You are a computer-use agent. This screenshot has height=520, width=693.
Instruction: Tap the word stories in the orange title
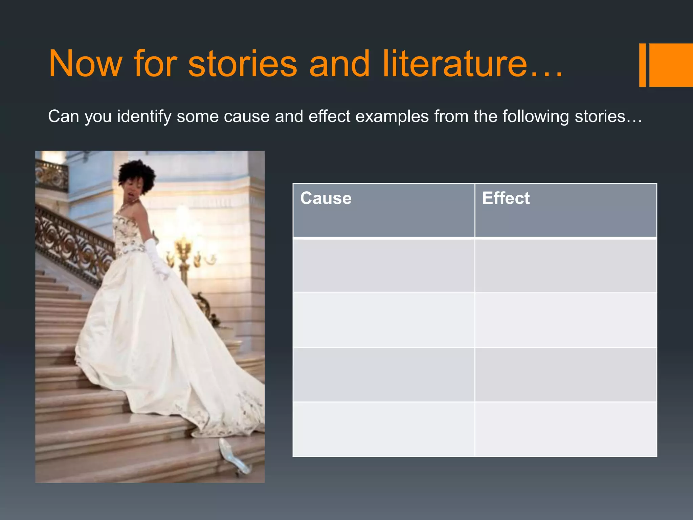[242, 64]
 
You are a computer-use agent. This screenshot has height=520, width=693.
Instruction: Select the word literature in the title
[455, 64]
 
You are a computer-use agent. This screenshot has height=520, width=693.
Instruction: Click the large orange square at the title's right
[671, 65]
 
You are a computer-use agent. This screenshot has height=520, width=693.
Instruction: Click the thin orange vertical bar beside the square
[642, 65]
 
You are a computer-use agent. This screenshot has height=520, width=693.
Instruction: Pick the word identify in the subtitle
[144, 117]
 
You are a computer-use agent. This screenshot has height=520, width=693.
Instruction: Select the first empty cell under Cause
[383, 266]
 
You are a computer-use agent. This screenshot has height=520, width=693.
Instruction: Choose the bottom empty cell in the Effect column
[565, 429]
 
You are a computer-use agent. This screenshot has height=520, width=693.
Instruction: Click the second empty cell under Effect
[565, 320]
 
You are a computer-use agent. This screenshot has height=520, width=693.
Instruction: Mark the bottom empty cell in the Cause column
[383, 429]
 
